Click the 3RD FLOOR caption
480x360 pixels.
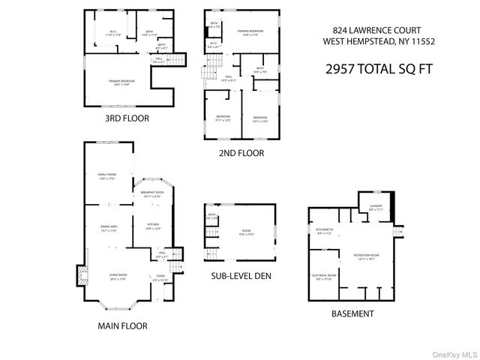[x=127, y=118]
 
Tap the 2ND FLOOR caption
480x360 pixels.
[x=241, y=153]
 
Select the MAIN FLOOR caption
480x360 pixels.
[x=121, y=325]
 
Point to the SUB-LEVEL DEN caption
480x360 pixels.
[x=241, y=275]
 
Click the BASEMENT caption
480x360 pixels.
[x=352, y=313]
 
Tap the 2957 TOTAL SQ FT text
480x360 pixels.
[x=370, y=68]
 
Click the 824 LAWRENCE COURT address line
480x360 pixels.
[x=368, y=29]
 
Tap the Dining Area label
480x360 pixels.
[x=110, y=229]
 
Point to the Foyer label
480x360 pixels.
[x=160, y=277]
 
